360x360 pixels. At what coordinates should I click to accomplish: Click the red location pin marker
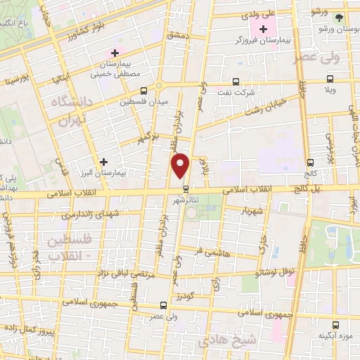[181, 166]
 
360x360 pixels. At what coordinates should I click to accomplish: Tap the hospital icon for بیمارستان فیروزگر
[264, 30]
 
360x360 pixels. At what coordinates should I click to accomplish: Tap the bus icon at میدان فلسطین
[143, 91]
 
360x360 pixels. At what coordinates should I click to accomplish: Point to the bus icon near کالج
[310, 162]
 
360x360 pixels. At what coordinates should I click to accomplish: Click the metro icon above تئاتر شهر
[186, 188]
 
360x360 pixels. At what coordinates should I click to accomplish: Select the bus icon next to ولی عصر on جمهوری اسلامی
[163, 305]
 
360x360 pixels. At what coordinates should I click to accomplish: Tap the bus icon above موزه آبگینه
[337, 325]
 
